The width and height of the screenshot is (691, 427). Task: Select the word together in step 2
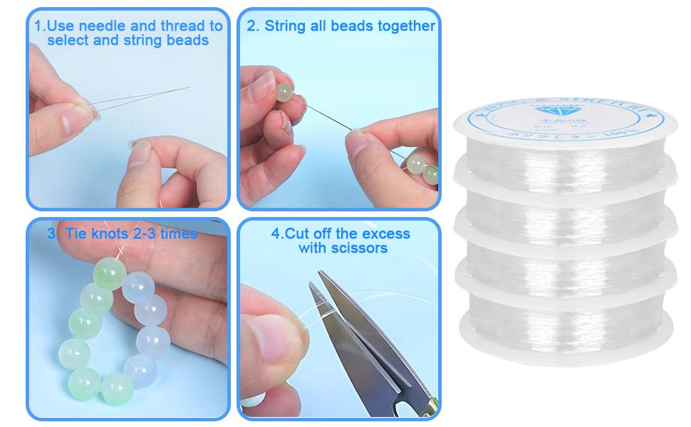point(407,26)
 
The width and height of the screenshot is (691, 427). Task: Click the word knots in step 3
point(110,233)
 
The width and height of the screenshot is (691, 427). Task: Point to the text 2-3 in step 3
point(148,233)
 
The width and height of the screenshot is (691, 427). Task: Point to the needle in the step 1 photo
point(142,99)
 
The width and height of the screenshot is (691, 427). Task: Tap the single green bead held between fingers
point(285,93)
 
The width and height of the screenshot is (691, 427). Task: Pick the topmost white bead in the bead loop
point(138,286)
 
